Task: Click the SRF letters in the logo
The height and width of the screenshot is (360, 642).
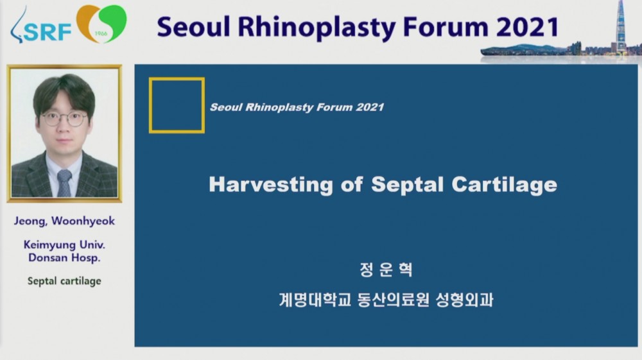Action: (x=48, y=32)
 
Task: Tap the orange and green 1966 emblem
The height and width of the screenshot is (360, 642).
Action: (x=101, y=23)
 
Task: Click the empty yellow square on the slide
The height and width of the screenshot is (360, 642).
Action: (x=150, y=105)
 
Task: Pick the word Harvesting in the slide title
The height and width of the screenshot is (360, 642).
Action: (x=271, y=185)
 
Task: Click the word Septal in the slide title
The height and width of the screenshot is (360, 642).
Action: (x=408, y=185)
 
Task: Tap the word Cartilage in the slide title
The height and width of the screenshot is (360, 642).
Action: (x=505, y=185)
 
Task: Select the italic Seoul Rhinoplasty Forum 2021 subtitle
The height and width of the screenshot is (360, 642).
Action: (x=297, y=107)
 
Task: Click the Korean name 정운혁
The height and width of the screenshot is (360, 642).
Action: (x=386, y=270)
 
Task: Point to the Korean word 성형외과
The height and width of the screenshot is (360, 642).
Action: (x=464, y=300)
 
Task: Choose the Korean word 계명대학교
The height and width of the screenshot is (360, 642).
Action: (x=315, y=300)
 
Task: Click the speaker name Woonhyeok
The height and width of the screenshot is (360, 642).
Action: (x=83, y=221)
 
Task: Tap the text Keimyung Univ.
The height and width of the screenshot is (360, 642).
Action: (x=64, y=244)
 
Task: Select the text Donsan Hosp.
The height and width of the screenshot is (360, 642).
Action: (x=64, y=258)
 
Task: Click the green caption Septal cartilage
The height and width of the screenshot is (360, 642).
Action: (x=64, y=281)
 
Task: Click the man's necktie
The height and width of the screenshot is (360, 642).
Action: (x=64, y=183)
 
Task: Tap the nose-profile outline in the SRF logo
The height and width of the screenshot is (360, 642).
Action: (x=17, y=26)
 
